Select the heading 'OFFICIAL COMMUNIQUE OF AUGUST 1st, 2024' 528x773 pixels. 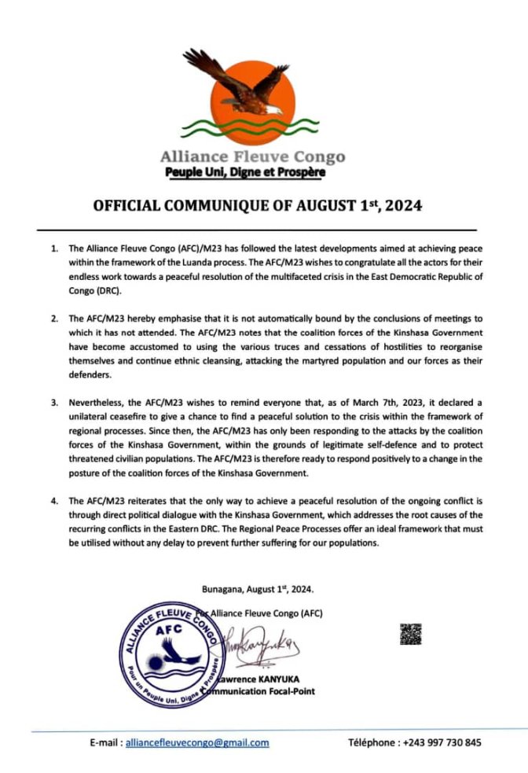258,208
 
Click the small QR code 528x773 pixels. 411,635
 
